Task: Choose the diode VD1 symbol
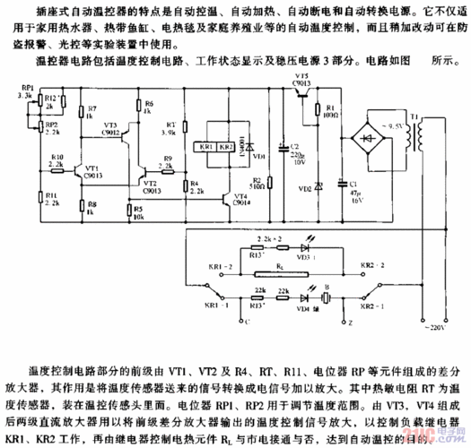click(x=250, y=145)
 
